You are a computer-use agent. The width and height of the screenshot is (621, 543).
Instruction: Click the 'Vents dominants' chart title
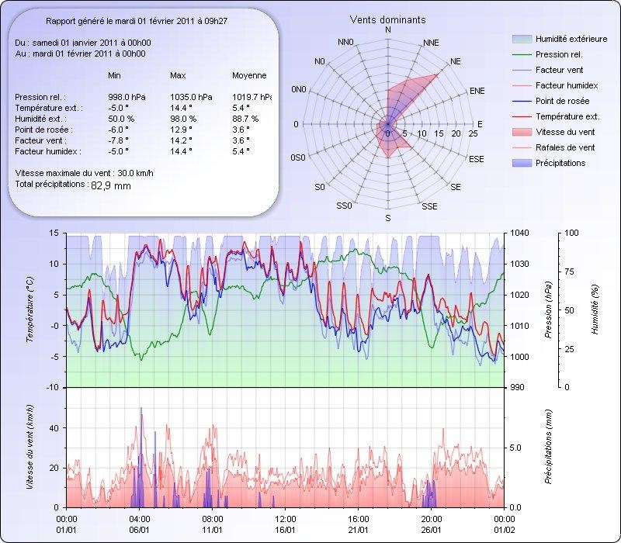[x=387, y=19]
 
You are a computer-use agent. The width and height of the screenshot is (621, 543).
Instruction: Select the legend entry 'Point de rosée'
[x=562, y=102]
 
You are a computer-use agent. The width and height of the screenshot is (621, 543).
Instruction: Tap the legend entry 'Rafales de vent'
[x=565, y=147]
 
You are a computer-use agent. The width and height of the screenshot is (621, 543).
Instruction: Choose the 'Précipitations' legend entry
[x=560, y=163]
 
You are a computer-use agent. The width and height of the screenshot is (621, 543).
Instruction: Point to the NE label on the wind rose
[x=456, y=61]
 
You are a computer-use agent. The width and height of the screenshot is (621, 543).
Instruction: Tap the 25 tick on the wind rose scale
[x=473, y=134]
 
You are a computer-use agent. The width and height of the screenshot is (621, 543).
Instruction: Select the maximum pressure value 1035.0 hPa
[x=186, y=97]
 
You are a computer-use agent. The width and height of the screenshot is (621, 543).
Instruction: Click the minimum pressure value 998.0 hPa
[x=124, y=97]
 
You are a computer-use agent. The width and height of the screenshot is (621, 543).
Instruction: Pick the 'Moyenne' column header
[x=249, y=76]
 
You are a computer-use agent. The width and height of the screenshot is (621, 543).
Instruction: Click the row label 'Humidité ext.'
[x=47, y=119]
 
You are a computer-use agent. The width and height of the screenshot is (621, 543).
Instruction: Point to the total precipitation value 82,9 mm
[x=111, y=186]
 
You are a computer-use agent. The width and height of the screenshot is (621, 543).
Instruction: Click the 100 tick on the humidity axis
[x=572, y=233]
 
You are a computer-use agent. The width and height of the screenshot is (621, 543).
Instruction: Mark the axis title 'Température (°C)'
[x=30, y=310]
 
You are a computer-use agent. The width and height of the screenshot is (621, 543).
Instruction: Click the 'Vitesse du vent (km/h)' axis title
[x=30, y=447]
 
